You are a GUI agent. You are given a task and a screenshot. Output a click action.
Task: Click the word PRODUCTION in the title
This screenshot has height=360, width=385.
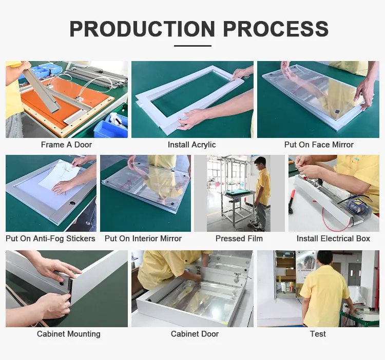tap(142, 29)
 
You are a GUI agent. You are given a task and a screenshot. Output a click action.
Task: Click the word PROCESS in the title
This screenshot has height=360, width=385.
tap(276, 29)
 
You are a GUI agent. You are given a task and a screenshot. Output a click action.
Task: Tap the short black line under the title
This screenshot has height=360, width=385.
tap(192, 46)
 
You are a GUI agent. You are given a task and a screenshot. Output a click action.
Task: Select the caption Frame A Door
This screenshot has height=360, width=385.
tap(66, 145)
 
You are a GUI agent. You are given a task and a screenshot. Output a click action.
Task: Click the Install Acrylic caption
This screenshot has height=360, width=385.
tap(191, 145)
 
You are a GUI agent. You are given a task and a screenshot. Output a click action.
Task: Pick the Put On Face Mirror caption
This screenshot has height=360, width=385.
tap(318, 145)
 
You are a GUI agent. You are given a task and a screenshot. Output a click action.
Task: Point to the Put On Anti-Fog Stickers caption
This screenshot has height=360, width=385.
tap(50, 238)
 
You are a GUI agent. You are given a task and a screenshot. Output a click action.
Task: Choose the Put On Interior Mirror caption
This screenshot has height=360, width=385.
tap(143, 238)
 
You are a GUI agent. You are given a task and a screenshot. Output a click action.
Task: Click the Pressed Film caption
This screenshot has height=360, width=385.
tap(239, 238)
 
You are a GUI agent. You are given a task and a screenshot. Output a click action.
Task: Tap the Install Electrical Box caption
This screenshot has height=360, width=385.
tap(333, 238)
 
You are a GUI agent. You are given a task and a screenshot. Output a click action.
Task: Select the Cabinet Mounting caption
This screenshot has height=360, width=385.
tap(68, 334)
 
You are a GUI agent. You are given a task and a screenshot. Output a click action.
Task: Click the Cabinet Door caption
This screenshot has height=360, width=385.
tap(195, 334)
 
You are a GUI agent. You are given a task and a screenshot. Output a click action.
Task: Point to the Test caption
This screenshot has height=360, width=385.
tap(318, 334)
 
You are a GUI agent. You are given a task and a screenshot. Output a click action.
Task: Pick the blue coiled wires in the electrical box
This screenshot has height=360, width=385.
tap(357, 207)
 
